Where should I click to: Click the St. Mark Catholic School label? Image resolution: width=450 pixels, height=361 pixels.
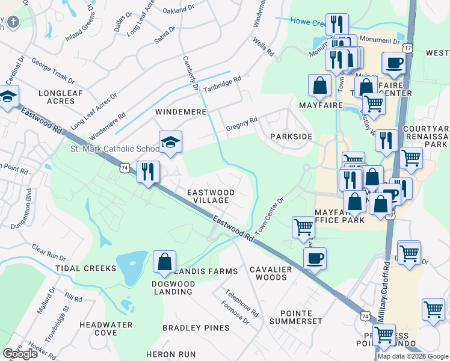tap(114, 149)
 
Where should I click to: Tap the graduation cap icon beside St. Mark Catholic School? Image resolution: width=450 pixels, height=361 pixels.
tap(170, 143)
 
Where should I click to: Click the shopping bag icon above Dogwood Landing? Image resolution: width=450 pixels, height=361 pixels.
tap(164, 262)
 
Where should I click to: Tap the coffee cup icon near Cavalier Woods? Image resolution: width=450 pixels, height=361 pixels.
tap(315, 259)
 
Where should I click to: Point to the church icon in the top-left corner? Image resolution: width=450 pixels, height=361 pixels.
tap(13, 22)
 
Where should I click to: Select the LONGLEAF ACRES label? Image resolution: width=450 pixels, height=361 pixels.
tap(56, 97)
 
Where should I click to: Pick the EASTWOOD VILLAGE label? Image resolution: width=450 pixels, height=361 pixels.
tap(210, 196)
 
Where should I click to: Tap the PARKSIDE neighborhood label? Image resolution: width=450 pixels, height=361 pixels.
tap(291, 137)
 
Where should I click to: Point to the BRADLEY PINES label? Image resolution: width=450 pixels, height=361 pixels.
tap(196, 328)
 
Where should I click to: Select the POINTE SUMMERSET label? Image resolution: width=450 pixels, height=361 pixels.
tap(296, 318)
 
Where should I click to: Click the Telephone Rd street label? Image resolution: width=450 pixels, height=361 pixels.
tap(242, 304)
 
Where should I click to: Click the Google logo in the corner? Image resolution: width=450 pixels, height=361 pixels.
tap(20, 354)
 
